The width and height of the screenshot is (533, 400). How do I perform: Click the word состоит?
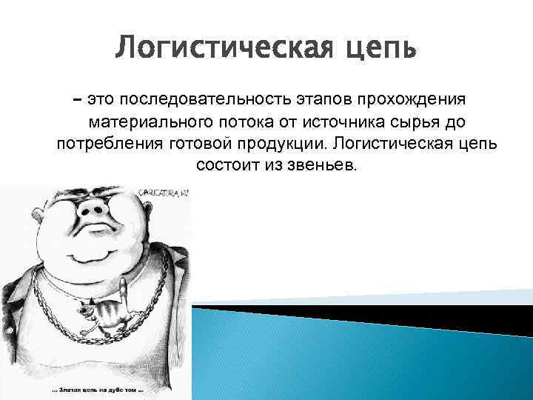(224, 164)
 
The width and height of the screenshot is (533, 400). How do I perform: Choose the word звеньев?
(321, 164)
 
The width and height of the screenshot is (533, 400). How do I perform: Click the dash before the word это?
(78, 99)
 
